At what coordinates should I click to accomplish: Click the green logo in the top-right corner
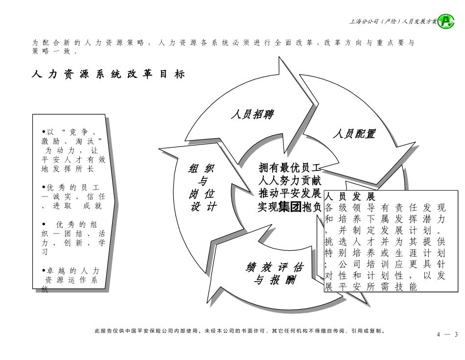[445, 21]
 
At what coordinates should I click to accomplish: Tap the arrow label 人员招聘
[252, 115]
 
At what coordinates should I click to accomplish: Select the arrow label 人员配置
[354, 134]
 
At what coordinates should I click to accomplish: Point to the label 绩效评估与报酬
[274, 274]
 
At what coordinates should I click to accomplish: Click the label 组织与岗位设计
[203, 188]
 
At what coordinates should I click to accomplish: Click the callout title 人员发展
[350, 197]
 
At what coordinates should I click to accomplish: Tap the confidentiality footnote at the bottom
[240, 331]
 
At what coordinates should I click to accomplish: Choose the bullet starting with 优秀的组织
[73, 238]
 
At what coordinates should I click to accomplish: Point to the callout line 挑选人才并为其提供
[385, 241]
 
